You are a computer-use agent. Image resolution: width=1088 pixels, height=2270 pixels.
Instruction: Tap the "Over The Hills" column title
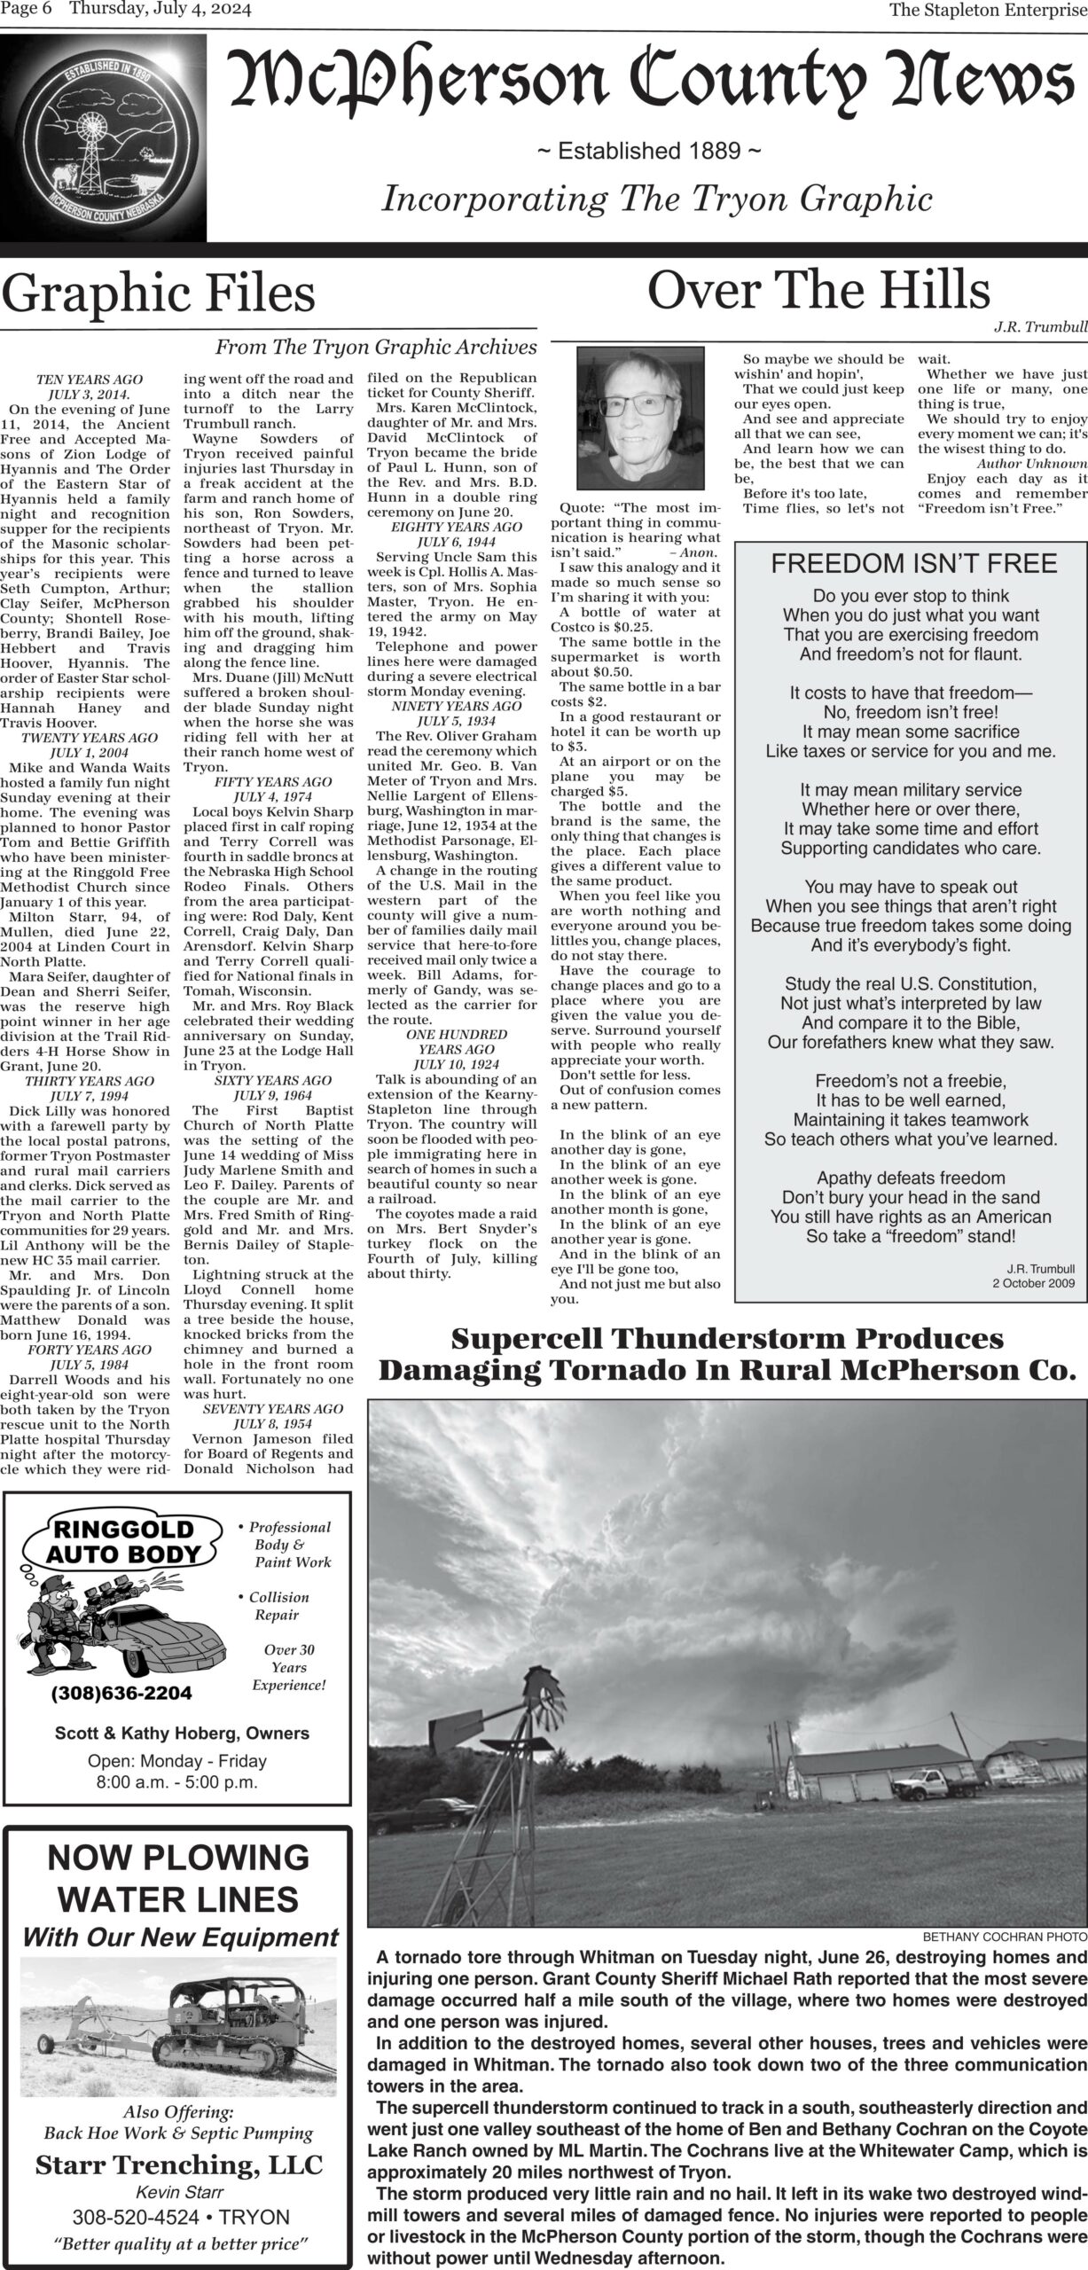coord(818,290)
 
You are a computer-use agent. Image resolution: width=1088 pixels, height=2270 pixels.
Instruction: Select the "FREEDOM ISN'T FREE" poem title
coord(913,563)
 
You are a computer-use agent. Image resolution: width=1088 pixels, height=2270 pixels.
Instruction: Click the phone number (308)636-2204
coord(121,1693)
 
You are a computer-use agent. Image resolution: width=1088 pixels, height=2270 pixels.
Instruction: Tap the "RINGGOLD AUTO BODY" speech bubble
coord(124,1541)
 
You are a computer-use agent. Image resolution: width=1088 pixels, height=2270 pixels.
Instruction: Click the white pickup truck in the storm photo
coord(928,2047)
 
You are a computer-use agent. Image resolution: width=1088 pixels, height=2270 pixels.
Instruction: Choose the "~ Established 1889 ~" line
coord(649,152)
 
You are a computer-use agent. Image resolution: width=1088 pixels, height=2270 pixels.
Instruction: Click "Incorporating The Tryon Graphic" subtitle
coord(656,199)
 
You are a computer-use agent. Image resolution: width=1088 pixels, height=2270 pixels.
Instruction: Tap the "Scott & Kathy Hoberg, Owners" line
coord(182,1734)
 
